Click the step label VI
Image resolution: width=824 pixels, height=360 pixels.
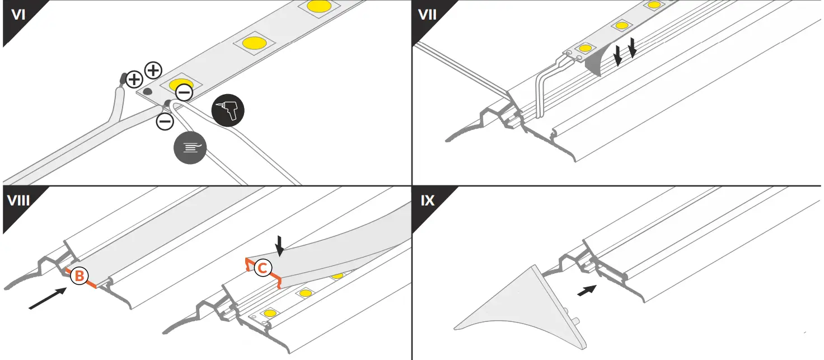click(18, 15)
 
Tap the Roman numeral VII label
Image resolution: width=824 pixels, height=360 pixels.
click(428, 15)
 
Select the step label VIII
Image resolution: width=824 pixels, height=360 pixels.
click(20, 200)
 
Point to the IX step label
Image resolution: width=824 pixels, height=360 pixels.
click(428, 200)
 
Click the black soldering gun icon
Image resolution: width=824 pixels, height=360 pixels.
click(228, 111)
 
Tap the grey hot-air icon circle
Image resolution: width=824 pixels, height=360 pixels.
click(190, 147)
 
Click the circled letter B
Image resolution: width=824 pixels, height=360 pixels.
click(80, 275)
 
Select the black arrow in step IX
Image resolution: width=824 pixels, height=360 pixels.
click(586, 291)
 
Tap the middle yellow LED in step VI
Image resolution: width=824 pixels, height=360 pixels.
click(254, 43)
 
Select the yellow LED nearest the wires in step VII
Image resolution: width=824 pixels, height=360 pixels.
click(586, 49)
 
